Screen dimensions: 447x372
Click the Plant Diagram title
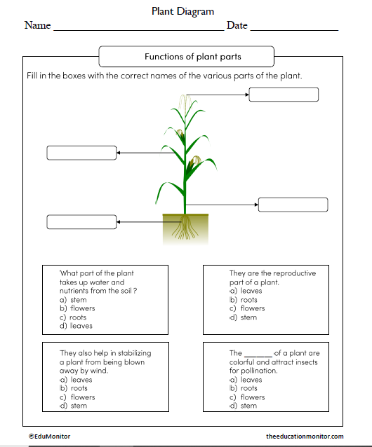tap(182, 11)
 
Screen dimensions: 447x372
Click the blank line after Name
tap(138, 28)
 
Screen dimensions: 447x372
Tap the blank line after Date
tap(294, 28)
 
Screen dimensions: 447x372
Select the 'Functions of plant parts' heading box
tap(187, 56)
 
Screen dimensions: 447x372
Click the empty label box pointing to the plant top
tap(283, 95)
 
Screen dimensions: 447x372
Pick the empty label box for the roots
tap(81, 222)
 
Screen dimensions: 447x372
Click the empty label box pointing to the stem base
tap(293, 205)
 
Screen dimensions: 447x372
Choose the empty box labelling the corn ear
tap(81, 153)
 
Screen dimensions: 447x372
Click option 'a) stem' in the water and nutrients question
tap(74, 300)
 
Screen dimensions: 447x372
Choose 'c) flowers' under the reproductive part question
tap(248, 308)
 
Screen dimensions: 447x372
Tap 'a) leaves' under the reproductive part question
tap(246, 291)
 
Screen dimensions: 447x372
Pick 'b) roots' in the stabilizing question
tap(74, 388)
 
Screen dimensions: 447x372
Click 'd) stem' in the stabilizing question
tap(74, 406)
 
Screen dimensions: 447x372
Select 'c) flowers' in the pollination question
tap(248, 397)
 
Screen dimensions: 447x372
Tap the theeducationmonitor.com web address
tap(305, 436)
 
